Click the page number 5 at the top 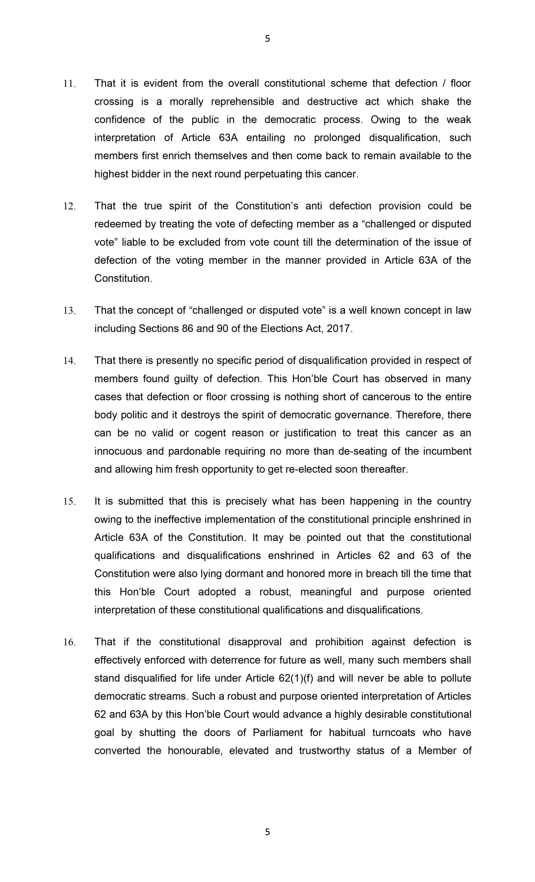coord(267,39)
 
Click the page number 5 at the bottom coord(267,832)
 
